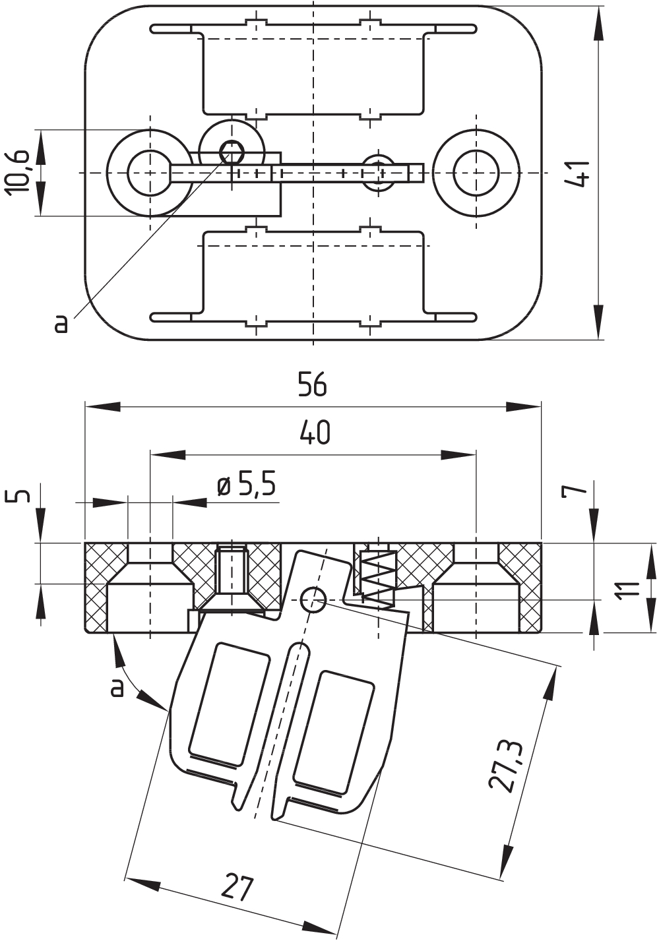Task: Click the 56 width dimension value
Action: (x=312, y=384)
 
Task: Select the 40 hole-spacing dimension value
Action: (x=315, y=433)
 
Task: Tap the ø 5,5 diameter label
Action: (x=247, y=486)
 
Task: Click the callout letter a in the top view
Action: (x=61, y=323)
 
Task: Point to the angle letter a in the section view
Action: (x=117, y=687)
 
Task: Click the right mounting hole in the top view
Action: (x=476, y=173)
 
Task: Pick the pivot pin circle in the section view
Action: (x=313, y=599)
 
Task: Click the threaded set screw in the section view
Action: (x=231, y=570)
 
